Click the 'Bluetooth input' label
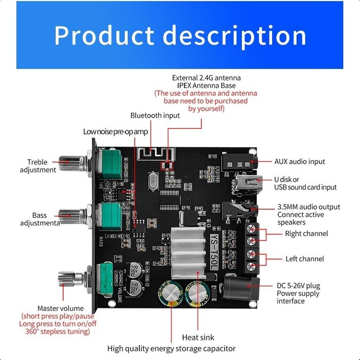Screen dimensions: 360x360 coord(155,116)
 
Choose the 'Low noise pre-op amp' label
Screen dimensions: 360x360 coord(116,131)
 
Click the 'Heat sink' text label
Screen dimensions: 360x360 coord(198,338)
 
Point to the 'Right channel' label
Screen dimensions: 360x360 coord(306,234)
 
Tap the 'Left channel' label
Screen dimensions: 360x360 coord(304,259)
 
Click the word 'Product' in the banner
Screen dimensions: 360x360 coord(104,36)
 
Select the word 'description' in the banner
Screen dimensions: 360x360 coord(234,36)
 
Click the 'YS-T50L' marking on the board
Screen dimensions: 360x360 coord(214,251)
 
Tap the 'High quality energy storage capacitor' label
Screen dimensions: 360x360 coord(172,349)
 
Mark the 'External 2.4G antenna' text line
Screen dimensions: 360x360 coord(206,78)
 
